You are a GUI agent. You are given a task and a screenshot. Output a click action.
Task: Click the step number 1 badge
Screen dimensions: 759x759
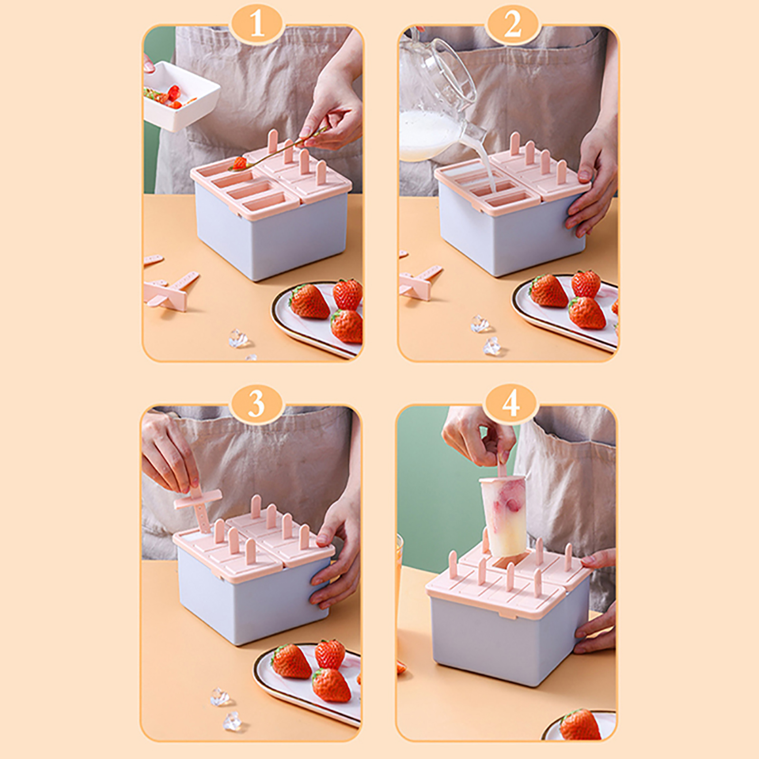point(257,23)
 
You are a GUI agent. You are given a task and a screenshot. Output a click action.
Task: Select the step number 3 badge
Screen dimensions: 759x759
point(257,404)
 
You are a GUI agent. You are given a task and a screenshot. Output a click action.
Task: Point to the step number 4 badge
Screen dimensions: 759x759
point(511,404)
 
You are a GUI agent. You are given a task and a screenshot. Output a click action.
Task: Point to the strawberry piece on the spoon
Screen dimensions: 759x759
point(239,163)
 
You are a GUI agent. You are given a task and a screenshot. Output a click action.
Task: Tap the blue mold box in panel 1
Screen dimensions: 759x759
point(270,228)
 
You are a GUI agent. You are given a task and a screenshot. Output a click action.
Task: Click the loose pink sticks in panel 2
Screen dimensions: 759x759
point(420,280)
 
